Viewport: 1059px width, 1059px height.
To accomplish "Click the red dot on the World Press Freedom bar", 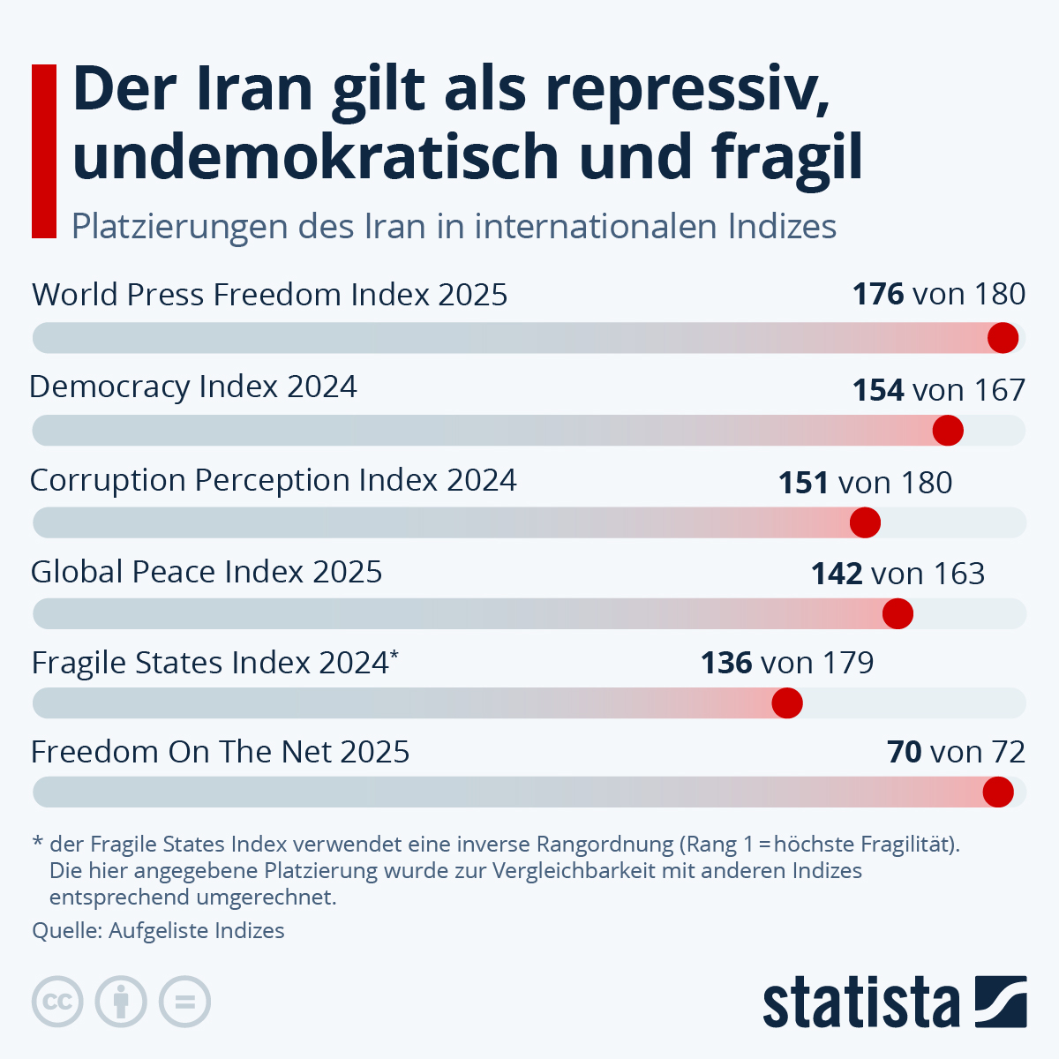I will (1003, 338).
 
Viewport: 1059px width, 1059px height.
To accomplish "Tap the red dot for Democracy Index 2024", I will (948, 431).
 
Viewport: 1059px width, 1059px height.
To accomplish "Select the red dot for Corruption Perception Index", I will (865, 522).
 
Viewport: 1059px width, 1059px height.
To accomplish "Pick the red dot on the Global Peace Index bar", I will (898, 613).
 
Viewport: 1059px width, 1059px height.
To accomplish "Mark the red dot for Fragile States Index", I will (787, 703).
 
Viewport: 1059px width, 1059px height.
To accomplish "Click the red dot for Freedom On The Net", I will (998, 792).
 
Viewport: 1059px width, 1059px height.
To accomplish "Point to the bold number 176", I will (878, 294).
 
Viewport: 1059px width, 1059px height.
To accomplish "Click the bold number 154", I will (878, 390).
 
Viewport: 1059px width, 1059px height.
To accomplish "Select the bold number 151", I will (803, 483).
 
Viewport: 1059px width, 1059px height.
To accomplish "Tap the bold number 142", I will (837, 574).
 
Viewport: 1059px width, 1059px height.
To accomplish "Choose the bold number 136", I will (726, 663).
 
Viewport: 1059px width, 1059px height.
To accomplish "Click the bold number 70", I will (905, 752).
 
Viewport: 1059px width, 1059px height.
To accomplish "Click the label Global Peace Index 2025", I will (207, 572).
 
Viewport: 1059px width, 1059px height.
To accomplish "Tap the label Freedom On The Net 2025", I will (221, 752).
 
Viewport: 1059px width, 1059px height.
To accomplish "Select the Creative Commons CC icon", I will (57, 1003).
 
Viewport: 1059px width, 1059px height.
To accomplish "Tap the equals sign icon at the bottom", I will (185, 1003).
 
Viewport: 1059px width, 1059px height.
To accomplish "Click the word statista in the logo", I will (860, 1003).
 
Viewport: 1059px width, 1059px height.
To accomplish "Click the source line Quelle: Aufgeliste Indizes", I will (159, 931).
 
